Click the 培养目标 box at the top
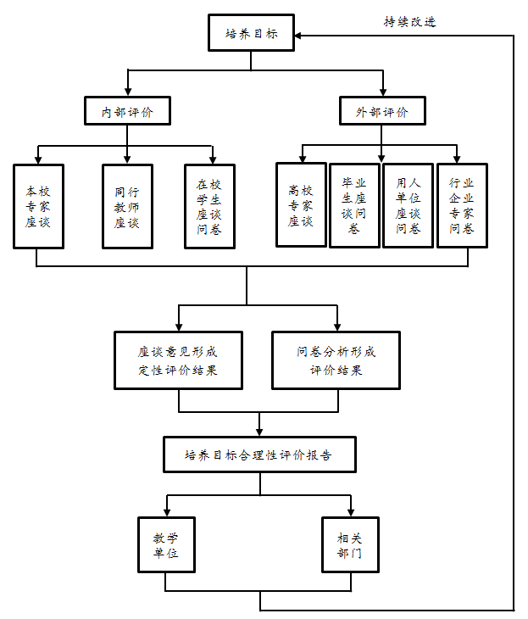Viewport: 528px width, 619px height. coord(251,33)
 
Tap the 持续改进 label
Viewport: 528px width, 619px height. coord(409,21)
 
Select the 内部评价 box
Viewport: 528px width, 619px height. coord(127,111)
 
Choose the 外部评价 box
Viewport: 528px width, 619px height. coord(382,111)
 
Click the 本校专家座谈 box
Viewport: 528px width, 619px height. coord(38,206)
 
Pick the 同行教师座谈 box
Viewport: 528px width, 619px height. coord(127,206)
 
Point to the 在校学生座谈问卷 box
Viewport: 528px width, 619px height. coord(209,206)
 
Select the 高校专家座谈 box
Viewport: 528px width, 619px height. coord(301,205)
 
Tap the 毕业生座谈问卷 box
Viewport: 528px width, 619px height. coord(354,206)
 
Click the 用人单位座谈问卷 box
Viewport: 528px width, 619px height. coord(408,206)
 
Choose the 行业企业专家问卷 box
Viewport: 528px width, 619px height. coord(462,206)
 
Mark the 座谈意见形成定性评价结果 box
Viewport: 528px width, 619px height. coord(178,360)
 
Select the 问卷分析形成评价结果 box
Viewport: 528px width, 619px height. coord(336,360)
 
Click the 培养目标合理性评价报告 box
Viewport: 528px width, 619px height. coord(259,454)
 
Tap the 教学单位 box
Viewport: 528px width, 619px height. coord(166,544)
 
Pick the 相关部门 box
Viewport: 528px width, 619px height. coord(350,544)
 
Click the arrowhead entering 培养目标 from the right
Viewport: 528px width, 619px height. coord(298,36)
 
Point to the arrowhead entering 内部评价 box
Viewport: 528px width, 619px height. coord(127,92)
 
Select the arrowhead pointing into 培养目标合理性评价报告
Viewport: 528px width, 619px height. coord(259,432)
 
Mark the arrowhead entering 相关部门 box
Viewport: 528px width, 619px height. coord(350,513)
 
